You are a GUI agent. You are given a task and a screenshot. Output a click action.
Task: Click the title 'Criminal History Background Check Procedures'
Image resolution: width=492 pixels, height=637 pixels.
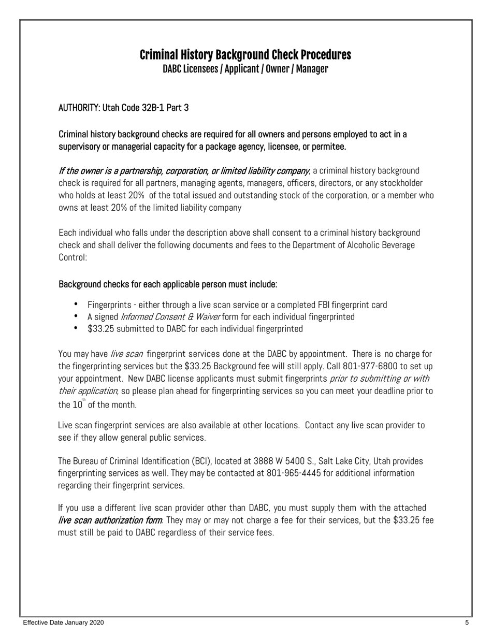245,55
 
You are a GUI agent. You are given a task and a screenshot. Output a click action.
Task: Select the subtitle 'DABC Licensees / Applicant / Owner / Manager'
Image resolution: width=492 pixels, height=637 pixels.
245,69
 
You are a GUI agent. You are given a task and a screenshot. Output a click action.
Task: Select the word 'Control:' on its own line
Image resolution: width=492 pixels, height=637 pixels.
73,257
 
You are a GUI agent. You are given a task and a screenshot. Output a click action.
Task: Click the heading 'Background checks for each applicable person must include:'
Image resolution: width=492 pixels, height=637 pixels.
168,284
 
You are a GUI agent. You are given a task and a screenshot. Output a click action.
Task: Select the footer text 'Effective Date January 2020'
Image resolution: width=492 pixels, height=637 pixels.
63,622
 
